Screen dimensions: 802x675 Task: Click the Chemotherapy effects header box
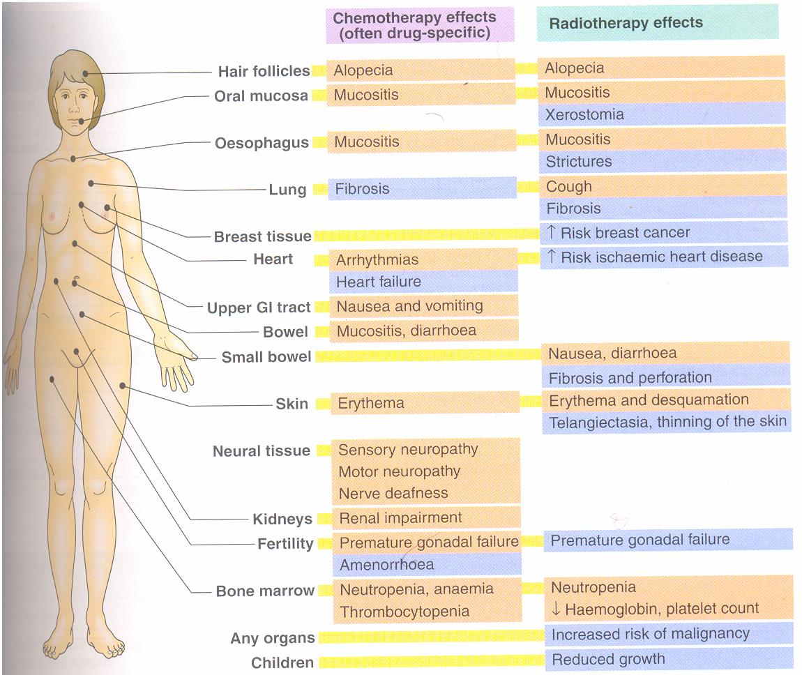click(x=420, y=25)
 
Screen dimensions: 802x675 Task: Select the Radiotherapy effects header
click(x=657, y=22)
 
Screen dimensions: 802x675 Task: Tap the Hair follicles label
click(x=264, y=71)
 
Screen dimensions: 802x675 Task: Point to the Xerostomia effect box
click(x=662, y=115)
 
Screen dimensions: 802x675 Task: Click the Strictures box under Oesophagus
click(x=662, y=162)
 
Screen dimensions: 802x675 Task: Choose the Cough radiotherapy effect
click(x=662, y=186)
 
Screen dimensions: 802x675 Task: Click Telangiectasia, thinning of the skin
click(x=666, y=421)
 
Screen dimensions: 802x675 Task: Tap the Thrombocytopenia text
click(x=404, y=612)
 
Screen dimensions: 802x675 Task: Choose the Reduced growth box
click(x=667, y=659)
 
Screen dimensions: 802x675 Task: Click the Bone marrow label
click(x=265, y=591)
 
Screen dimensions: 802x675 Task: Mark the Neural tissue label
click(x=262, y=451)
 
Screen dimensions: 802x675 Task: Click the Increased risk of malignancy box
click(x=667, y=635)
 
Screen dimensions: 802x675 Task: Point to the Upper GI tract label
click(x=259, y=308)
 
